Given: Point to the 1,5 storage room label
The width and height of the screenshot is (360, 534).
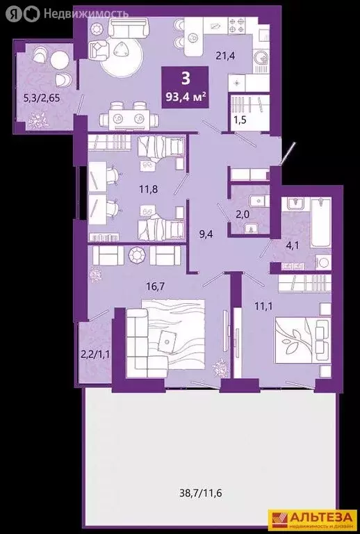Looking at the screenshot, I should tap(240, 121).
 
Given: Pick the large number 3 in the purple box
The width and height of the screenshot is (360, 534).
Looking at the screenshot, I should tap(186, 78).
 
